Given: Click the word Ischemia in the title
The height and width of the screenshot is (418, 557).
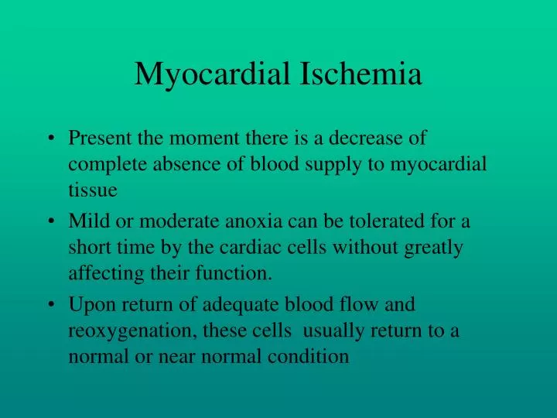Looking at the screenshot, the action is [361, 74].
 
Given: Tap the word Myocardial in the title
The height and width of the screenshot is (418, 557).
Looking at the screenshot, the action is [213, 76].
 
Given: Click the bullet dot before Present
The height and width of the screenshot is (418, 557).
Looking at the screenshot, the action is [52, 138].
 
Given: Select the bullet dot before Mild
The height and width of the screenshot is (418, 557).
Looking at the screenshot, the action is [52, 221].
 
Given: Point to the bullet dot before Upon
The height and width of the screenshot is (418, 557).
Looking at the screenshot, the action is [52, 304].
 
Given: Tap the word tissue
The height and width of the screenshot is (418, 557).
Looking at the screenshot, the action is [93, 190].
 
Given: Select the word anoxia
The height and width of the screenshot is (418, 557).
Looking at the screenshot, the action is [254, 221].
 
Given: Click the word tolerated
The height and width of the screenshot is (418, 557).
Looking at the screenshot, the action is [387, 221].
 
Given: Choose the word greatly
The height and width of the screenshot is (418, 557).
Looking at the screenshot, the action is [433, 248].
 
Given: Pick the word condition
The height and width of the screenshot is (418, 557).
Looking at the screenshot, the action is [309, 356].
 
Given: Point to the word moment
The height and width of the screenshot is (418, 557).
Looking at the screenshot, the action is [204, 138].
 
